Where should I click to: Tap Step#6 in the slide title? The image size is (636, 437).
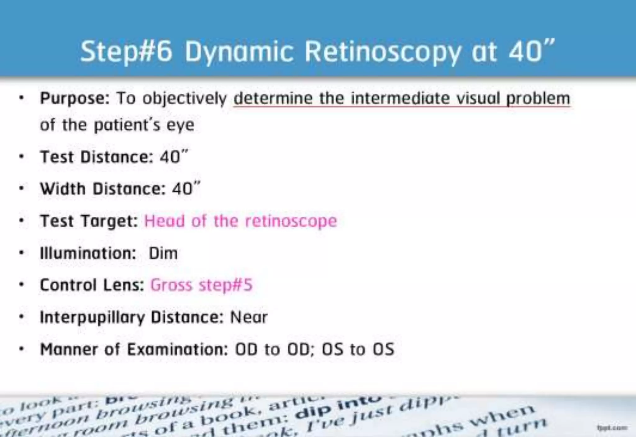tap(126, 51)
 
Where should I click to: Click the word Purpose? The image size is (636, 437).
tap(75, 99)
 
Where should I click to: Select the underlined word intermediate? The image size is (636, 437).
tap(400, 98)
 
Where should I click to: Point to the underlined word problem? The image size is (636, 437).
tap(538, 99)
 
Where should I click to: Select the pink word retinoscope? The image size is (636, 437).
tap(291, 221)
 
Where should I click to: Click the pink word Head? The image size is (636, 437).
tap(165, 221)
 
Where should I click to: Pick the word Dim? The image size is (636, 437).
tap(163, 253)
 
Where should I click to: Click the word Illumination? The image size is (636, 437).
tap(88, 253)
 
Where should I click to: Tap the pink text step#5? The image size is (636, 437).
tap(226, 285)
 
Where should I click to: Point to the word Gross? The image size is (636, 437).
tap(171, 285)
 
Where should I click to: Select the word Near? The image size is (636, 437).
tap(249, 317)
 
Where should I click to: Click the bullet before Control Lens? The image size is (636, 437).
tap(21, 285)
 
